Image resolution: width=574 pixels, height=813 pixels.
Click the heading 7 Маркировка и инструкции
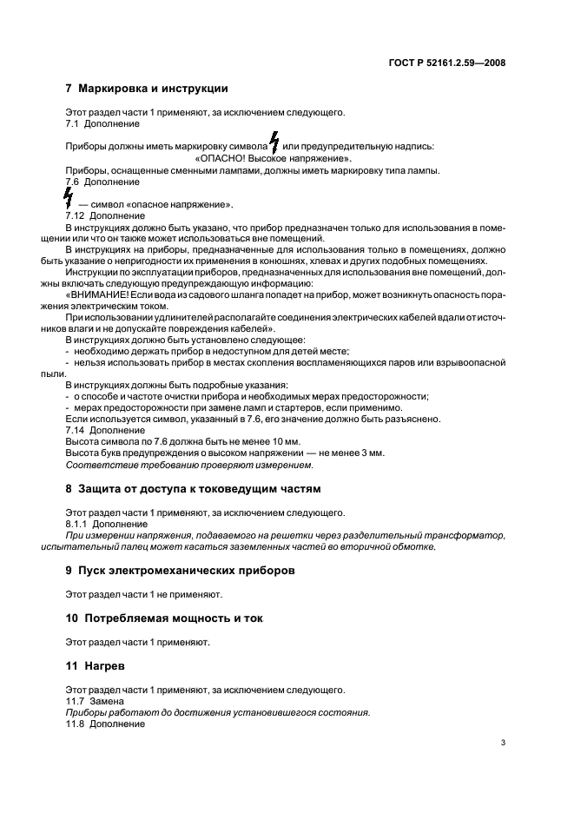[x=147, y=89]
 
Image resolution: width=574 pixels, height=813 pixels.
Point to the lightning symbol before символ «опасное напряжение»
[x=70, y=201]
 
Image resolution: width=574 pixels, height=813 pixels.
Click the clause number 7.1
[x=75, y=123]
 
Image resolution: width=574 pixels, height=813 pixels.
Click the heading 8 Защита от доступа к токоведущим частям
[x=193, y=489]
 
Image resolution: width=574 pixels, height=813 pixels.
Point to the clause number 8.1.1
[x=80, y=525]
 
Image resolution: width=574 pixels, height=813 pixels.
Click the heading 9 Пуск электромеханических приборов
[x=181, y=572]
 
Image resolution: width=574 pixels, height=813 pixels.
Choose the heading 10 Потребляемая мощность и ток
[x=164, y=618]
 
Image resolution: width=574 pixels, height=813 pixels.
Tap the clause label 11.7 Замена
[x=94, y=701]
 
